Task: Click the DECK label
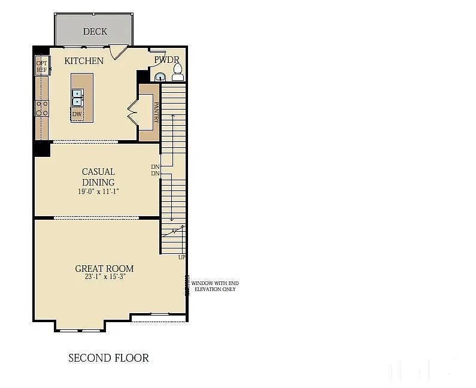[95, 31]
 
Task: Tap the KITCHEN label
[84, 60]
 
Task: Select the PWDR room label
[166, 59]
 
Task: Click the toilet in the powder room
[177, 72]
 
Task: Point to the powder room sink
[160, 76]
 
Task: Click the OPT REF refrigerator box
[41, 66]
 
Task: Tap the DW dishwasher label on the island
[77, 114]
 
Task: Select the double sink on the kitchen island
[77, 97]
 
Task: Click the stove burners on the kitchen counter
[42, 108]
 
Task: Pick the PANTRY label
[156, 112]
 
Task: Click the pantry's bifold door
[133, 113]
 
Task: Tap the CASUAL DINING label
[98, 177]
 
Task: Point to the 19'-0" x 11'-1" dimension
[98, 192]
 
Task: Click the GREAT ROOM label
[104, 269]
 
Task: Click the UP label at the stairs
[181, 257]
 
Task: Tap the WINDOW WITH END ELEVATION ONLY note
[214, 286]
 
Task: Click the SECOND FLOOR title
[108, 358]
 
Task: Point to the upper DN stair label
[155, 166]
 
